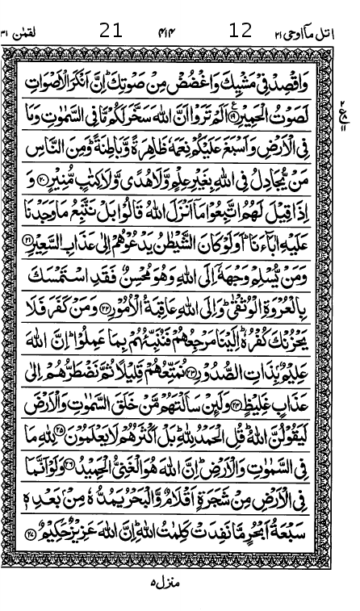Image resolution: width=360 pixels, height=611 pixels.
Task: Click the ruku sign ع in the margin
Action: (345, 109)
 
